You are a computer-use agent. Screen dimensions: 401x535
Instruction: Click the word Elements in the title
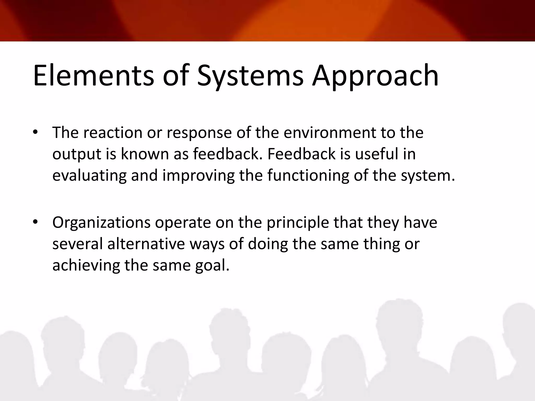93,76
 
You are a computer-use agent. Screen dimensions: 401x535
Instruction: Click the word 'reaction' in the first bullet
113,133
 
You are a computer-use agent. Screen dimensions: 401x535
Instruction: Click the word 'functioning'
308,175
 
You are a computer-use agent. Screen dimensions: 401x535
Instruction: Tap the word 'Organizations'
101,223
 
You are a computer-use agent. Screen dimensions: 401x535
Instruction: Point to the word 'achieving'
86,266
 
